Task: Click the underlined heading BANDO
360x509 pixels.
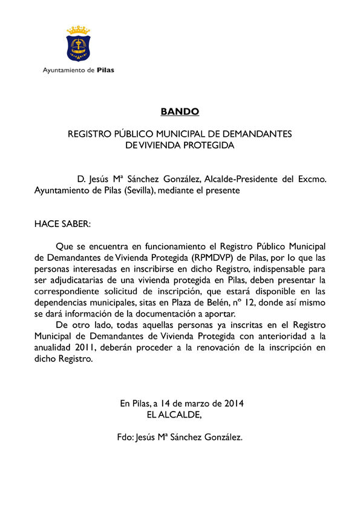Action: [180, 111]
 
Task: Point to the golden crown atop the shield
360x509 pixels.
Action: [78, 30]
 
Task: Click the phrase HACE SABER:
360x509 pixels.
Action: [62, 224]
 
